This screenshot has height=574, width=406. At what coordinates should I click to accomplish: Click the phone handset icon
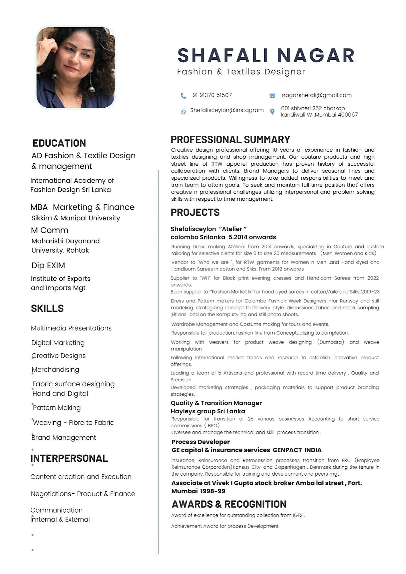point(183,96)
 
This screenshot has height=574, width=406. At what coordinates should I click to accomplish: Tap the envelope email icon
point(272,96)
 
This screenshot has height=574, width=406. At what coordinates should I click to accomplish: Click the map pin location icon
point(272,112)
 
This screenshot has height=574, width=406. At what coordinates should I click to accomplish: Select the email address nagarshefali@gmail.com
point(316,95)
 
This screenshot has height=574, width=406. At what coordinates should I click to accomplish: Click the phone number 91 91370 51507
point(212,95)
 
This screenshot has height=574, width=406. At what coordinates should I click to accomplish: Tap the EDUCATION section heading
point(59,143)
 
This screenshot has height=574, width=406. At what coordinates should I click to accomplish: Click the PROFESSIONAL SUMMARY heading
point(230,139)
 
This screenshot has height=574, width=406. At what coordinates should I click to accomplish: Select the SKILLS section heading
point(47,308)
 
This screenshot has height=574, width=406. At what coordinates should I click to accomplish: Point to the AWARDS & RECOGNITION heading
point(229,504)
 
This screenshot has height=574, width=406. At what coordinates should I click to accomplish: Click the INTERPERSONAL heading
point(69,458)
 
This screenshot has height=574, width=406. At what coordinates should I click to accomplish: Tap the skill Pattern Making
point(57,408)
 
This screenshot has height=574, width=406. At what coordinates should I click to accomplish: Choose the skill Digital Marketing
point(58,343)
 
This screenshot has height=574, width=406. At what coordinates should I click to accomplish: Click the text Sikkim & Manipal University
point(76,218)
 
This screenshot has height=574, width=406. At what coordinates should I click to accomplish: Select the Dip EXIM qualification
point(48,265)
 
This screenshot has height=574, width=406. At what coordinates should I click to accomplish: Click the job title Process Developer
point(201,442)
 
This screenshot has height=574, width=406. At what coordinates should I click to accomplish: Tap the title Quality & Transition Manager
point(216,403)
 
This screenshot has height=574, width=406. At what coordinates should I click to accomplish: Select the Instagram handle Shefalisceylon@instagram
point(227,110)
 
